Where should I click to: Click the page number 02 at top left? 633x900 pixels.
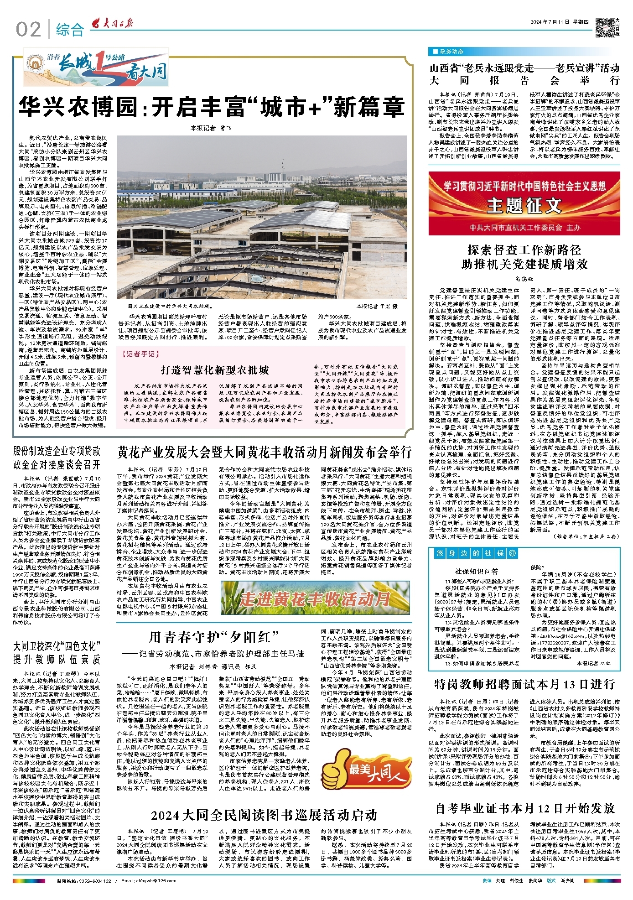(28, 30)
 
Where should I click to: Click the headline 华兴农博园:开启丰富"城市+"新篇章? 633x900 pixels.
(212, 107)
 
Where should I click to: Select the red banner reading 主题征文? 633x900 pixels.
(524, 203)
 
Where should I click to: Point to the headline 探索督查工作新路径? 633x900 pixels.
(524, 250)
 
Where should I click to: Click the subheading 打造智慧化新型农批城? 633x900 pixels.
(214, 370)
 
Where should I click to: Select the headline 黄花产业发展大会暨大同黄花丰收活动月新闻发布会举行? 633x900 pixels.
(264, 452)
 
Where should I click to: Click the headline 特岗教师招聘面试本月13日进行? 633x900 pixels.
(524, 684)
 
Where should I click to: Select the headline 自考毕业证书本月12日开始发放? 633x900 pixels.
(524, 809)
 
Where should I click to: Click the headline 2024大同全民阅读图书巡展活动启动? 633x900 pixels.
(264, 815)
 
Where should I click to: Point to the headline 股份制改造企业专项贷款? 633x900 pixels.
(57, 451)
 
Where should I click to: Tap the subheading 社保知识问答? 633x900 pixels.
(476, 571)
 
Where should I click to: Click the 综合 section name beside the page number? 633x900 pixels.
(70, 30)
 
